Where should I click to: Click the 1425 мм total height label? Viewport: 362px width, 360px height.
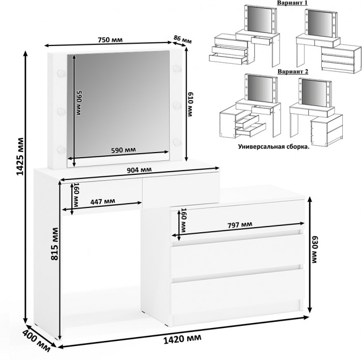pos(20,156)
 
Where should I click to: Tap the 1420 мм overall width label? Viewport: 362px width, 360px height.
pos(182,339)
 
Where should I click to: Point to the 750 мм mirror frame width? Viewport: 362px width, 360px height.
pos(110,40)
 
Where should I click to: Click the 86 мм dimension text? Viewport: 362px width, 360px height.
pos(183,40)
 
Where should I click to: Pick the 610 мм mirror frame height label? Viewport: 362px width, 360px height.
pos(190,104)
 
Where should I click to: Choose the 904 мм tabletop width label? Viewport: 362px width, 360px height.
pos(140,170)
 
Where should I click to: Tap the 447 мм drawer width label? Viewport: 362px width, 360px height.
pos(102,202)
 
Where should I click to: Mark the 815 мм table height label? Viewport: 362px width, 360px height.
pos(55,244)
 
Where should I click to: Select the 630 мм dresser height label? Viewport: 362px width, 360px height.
pos(314,249)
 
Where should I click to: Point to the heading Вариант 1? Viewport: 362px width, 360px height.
pos(292,3)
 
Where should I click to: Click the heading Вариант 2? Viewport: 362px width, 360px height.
pos(293,71)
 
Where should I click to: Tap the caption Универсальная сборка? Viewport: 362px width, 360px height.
pos(274,146)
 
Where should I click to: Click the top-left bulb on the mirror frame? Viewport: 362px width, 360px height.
pos(62,73)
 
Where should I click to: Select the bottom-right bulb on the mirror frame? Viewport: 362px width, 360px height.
pos(177,142)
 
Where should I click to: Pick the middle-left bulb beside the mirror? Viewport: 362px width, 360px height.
pos(62,112)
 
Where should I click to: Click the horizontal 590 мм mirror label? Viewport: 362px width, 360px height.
pos(124,150)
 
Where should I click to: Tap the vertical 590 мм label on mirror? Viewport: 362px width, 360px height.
pos(79,103)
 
